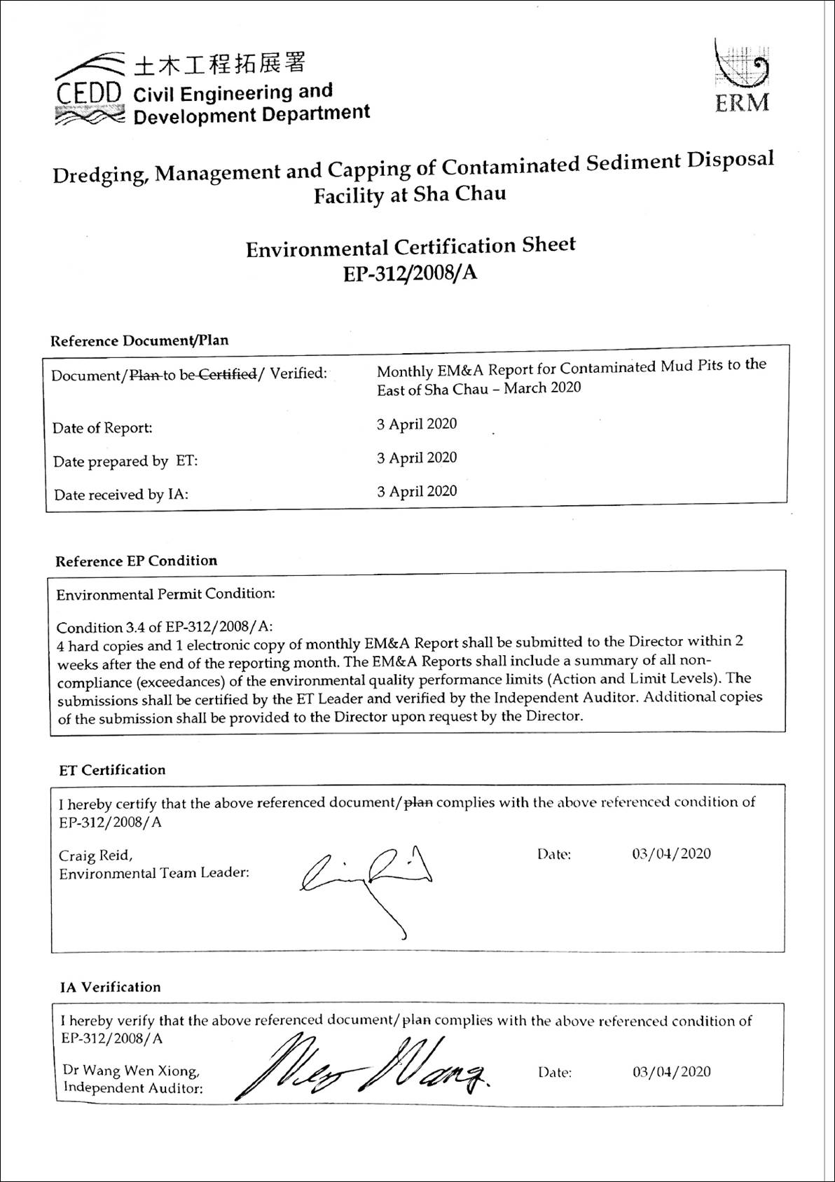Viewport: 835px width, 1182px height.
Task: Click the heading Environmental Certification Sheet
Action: (x=410, y=247)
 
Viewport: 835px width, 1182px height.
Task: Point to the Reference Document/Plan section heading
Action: (x=139, y=341)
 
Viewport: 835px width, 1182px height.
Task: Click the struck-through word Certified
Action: (x=228, y=374)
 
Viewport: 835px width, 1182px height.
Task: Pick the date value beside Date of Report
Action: (x=417, y=424)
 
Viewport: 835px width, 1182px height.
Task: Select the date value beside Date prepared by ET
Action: (x=417, y=458)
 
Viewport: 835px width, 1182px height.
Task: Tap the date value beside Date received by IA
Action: (x=417, y=491)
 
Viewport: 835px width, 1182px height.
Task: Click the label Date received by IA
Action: (x=121, y=495)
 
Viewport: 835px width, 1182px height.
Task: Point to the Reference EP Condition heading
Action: (x=137, y=561)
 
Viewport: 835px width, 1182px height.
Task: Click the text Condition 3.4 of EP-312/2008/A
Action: (x=165, y=626)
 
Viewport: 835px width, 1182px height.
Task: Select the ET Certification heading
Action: (x=112, y=770)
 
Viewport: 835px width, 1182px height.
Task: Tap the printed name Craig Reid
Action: (x=95, y=855)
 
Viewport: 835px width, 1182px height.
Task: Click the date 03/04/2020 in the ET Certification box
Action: (x=671, y=854)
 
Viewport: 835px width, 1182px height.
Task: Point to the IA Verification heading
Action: (x=110, y=987)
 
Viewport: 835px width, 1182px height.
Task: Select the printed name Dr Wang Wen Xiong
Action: (x=131, y=1071)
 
